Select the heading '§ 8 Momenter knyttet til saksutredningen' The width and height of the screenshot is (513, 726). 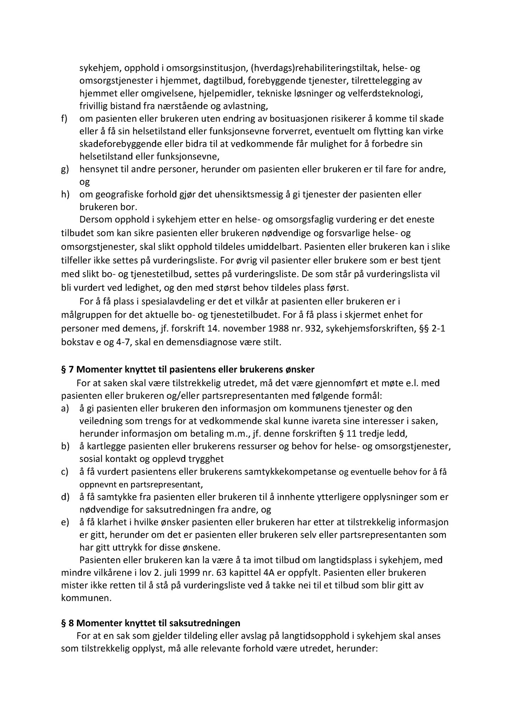click(x=151, y=623)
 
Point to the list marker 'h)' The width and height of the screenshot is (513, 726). click(x=65, y=194)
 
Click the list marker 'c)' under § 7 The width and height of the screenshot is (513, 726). click(x=64, y=472)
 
